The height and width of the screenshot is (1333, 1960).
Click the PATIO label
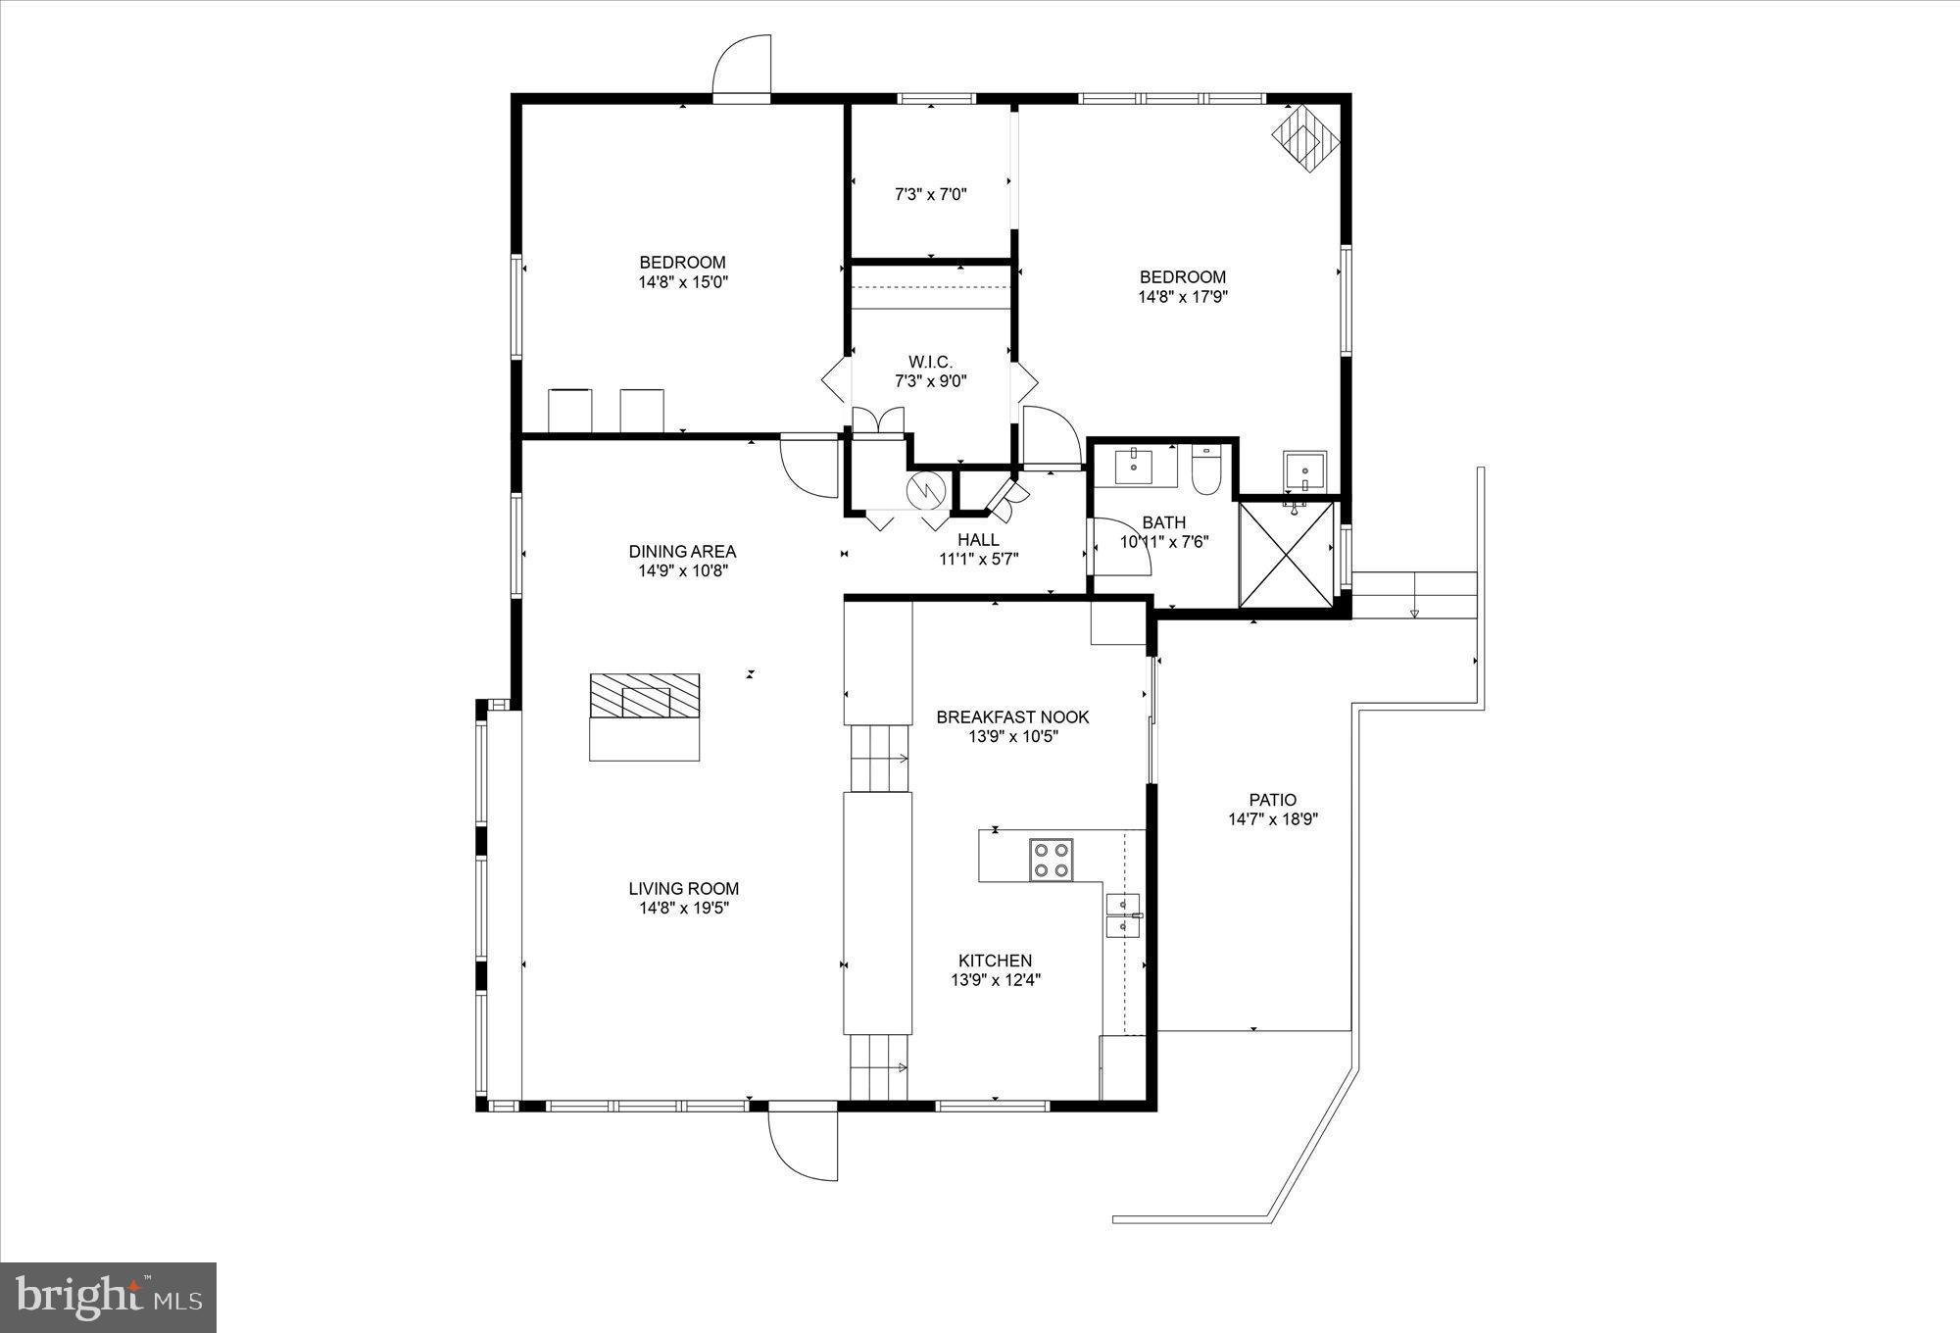[1272, 800]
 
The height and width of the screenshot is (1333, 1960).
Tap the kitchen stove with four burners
[1051, 860]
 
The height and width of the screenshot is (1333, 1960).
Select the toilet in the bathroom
[1204, 472]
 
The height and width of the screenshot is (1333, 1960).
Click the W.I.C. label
[930, 363]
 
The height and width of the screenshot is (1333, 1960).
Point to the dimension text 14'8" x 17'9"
[1183, 297]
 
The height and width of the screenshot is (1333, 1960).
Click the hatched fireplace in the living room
[645, 697]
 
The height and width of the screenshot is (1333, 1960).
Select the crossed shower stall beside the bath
[1287, 555]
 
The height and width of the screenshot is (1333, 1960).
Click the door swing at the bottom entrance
[803, 1144]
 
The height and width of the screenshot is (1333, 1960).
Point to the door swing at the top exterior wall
[742, 67]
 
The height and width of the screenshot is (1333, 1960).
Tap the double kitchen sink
[1123, 915]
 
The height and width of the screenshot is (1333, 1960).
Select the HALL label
[978, 540]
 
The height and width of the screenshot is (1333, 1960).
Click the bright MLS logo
[108, 1298]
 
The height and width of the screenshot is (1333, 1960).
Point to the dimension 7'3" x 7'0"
[930, 195]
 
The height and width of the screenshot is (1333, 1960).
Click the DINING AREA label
[682, 552]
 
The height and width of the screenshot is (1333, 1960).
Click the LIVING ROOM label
[683, 889]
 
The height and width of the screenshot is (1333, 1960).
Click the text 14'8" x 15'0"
[683, 282]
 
